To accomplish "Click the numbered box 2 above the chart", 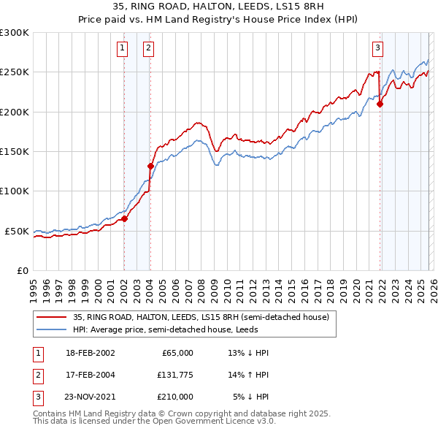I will (148, 49).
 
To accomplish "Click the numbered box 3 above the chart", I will (377, 49).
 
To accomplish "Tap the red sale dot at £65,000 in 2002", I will (125, 218).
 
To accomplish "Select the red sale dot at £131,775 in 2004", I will (150, 166).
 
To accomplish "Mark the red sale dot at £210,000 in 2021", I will (380, 104).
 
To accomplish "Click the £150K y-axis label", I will (15, 151).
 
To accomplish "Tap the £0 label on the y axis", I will (22, 270).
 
